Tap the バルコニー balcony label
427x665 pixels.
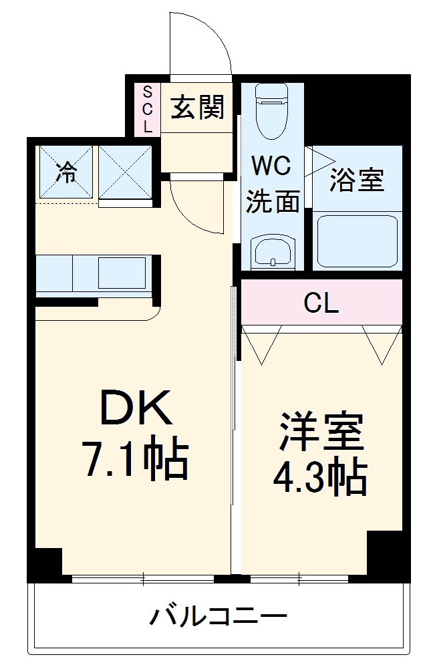[x=218, y=616]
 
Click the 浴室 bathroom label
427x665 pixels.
[x=357, y=180]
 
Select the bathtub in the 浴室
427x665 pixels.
[x=358, y=241]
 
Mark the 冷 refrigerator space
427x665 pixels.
[x=65, y=172]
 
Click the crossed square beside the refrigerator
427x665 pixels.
[x=126, y=172]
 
